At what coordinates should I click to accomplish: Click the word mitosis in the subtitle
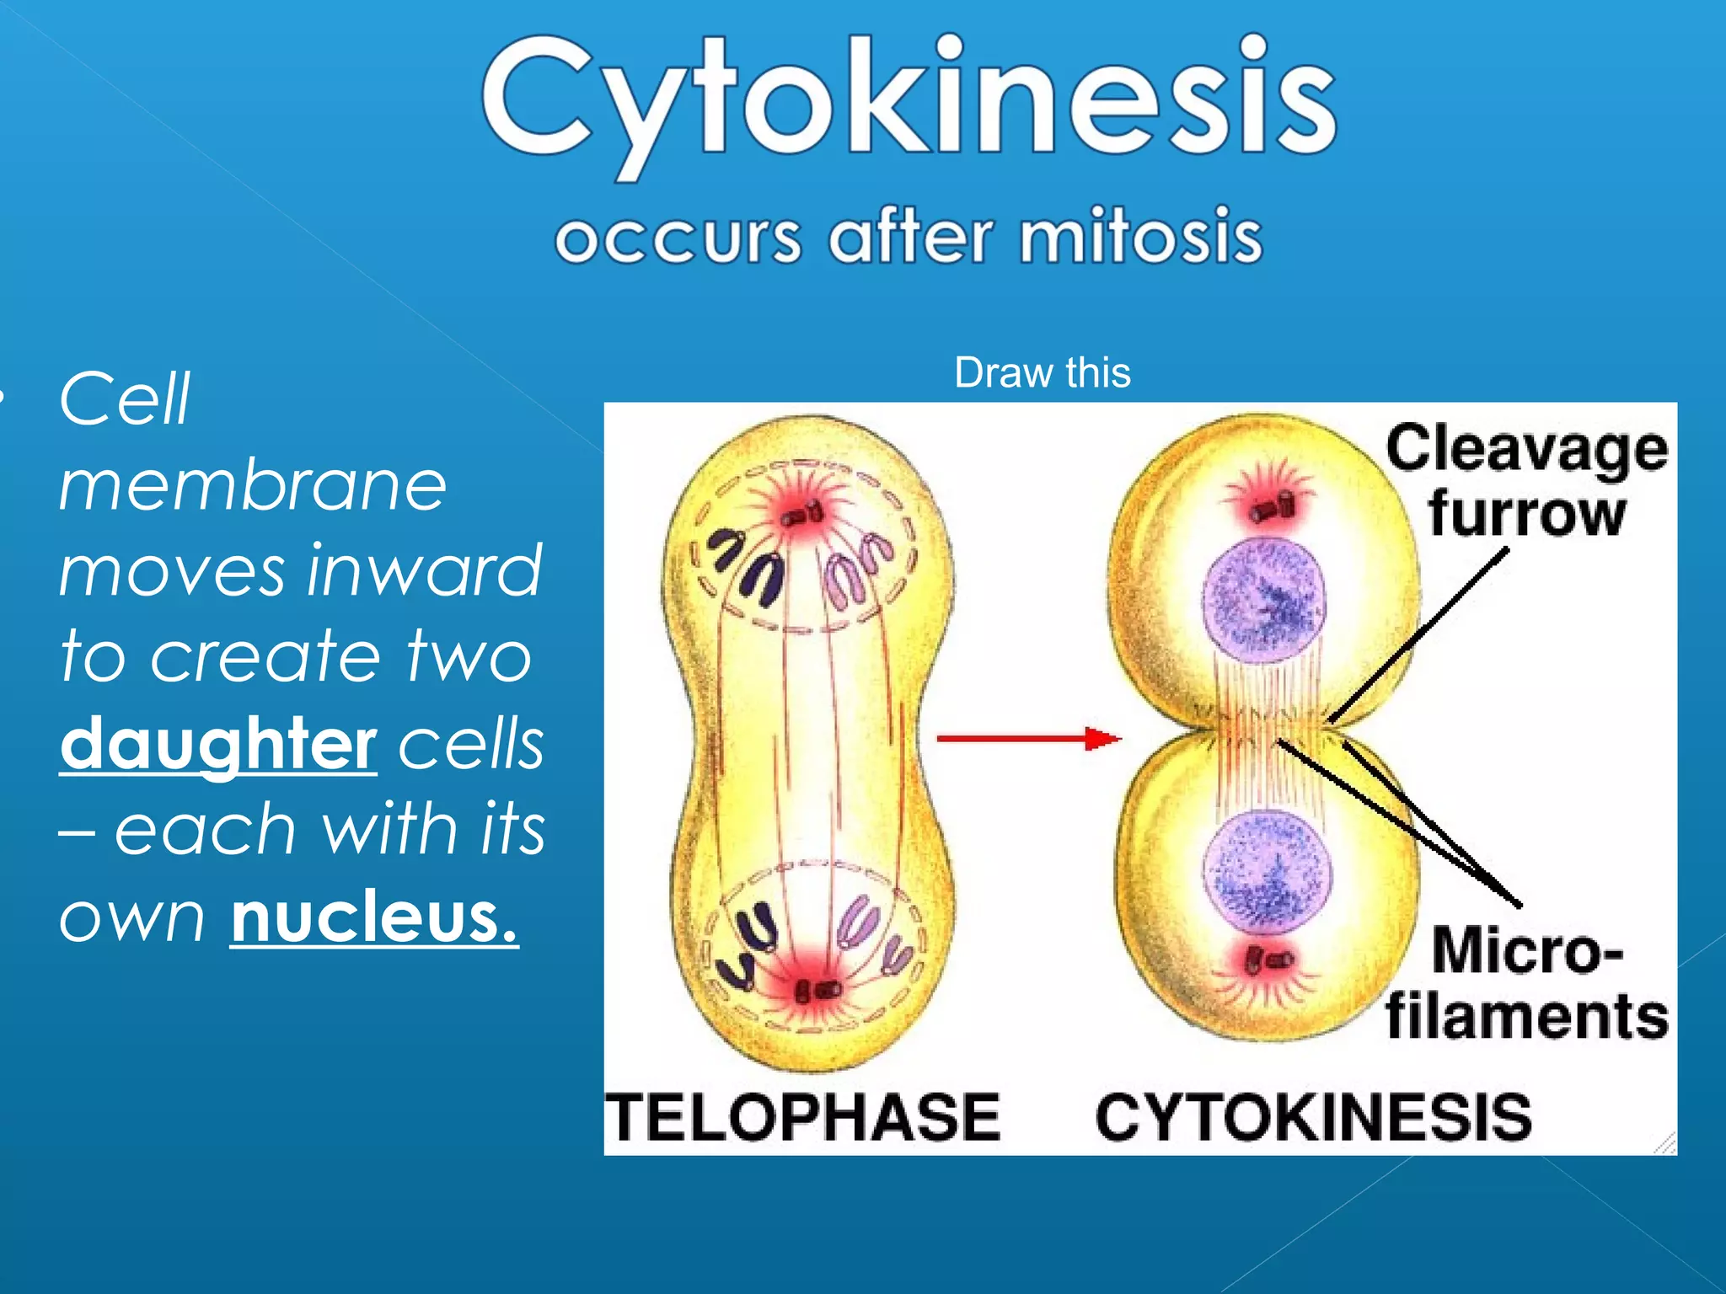tap(1141, 237)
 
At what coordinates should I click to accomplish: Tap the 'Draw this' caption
tap(1042, 372)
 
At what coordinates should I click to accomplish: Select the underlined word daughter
tap(218, 743)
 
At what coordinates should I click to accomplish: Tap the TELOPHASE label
tap(803, 1117)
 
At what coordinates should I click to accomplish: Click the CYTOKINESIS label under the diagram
tap(1313, 1117)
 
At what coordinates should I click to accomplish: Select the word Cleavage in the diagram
tap(1525, 449)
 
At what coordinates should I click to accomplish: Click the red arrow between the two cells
tap(1028, 739)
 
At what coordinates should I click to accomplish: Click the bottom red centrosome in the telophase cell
tap(817, 989)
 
